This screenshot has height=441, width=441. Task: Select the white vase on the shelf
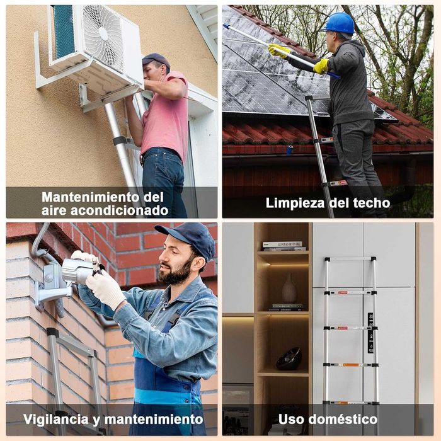[x=289, y=289]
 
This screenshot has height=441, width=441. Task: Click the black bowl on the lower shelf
[x=289, y=359]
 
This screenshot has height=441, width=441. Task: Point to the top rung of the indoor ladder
[x=350, y=259]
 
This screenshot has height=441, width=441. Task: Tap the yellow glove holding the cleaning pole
[x=321, y=66]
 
